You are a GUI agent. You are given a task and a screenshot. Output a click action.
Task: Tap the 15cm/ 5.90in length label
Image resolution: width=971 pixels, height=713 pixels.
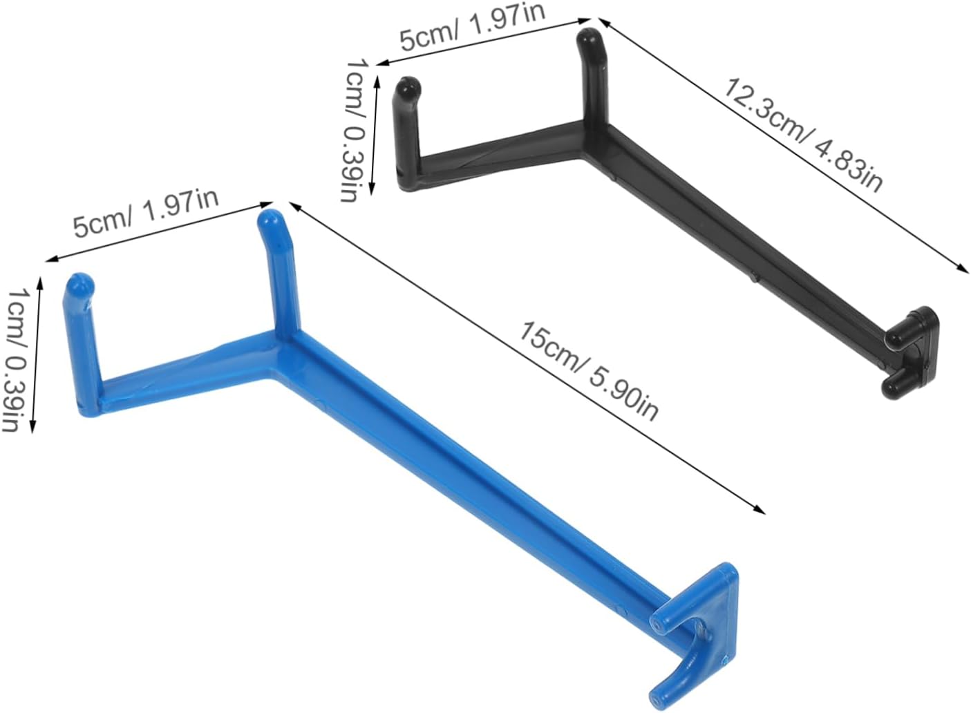tap(589, 372)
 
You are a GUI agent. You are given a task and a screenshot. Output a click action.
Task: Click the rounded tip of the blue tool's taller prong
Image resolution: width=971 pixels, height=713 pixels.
tap(270, 222)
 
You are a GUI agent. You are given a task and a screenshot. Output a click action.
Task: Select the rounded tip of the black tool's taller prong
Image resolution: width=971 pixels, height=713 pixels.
tap(588, 39)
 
